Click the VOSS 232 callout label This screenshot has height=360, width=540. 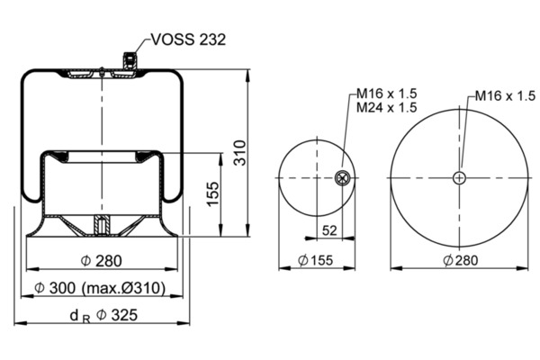click(188, 40)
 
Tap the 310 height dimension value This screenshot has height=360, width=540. click(240, 153)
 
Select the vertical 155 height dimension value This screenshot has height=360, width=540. click(212, 194)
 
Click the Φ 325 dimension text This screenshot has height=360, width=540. click(117, 315)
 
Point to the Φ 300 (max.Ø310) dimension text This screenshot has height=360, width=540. click(100, 288)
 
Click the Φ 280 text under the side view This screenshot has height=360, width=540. click(101, 261)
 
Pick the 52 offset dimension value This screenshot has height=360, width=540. click(329, 230)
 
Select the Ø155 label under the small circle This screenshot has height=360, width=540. click(316, 260)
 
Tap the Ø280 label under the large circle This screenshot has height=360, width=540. click(461, 260)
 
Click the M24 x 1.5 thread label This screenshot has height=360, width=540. click(386, 107)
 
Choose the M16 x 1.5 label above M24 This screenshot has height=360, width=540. click(386, 94)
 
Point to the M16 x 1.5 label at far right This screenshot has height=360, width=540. click(505, 95)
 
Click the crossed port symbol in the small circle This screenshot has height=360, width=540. click(342, 178)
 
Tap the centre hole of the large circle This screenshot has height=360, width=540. click(459, 178)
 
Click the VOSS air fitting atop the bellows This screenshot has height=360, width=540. click(130, 60)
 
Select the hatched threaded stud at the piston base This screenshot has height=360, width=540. click(102, 225)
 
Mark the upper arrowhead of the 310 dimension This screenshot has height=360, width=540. click(247, 75)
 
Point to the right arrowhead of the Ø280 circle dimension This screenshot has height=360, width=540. click(522, 268)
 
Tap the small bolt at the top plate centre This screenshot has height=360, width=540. click(102, 71)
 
